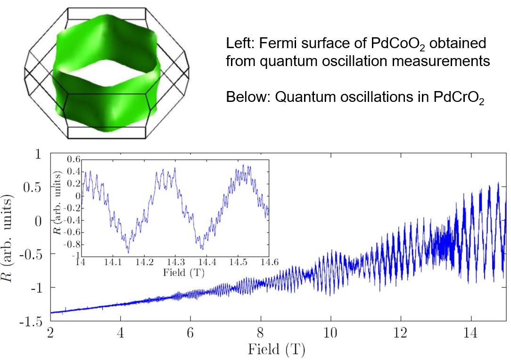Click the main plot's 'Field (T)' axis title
(278, 350)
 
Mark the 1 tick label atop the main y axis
(39, 154)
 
